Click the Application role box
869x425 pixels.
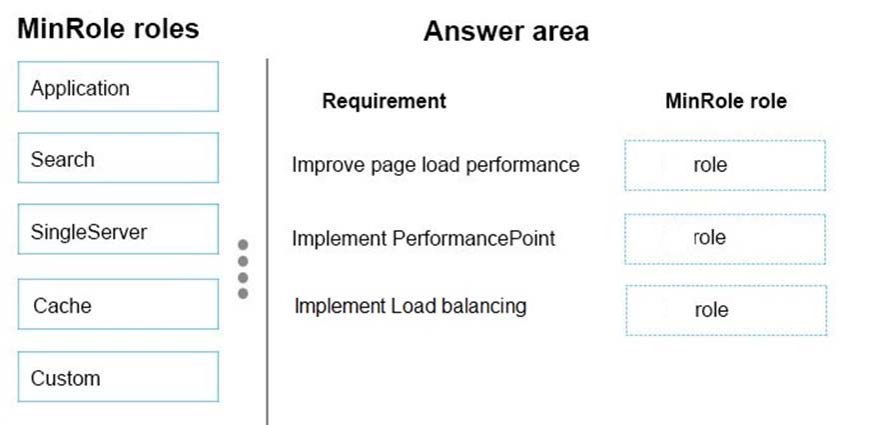tap(118, 87)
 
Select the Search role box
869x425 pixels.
tap(118, 158)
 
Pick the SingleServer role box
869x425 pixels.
tap(118, 229)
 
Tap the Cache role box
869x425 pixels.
tap(118, 304)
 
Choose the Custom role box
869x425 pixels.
tap(118, 377)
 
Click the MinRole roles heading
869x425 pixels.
tap(108, 28)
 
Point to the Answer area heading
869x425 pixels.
tap(506, 31)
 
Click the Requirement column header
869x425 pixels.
tap(385, 101)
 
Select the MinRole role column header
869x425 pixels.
tap(726, 101)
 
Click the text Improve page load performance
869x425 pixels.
tap(435, 165)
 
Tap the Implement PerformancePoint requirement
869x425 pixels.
tap(424, 239)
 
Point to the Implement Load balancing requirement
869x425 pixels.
tap(411, 306)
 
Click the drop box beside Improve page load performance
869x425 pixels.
tap(725, 165)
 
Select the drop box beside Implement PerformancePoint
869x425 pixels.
tap(725, 239)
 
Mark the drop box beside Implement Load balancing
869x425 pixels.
tap(726, 310)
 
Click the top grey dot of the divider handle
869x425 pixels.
tap(243, 245)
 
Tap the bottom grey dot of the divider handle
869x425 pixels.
tap(243, 294)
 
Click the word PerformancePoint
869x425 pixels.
tap(473, 239)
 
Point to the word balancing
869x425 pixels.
tap(484, 306)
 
